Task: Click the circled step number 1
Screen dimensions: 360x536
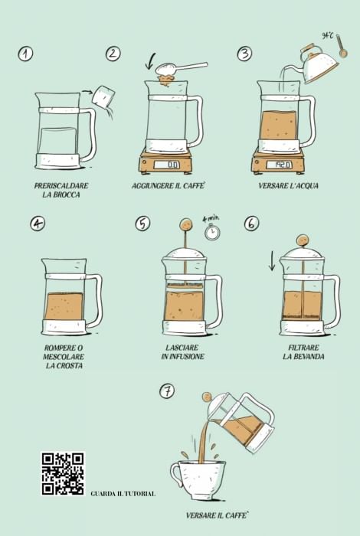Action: (25, 54)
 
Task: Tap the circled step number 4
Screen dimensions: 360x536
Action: (38, 224)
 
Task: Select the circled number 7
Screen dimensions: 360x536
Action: (167, 391)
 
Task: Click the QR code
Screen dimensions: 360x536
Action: (63, 474)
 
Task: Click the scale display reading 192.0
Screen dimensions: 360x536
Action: (279, 165)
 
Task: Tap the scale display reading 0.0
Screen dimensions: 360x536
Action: (167, 165)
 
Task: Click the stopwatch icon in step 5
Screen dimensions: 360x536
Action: (212, 232)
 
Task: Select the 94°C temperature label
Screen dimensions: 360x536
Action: (328, 35)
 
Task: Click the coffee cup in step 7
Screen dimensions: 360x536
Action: (198, 479)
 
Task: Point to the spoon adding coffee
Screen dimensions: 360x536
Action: (181, 68)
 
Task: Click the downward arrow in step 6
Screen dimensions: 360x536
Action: (272, 260)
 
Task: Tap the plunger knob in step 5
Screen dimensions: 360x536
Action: (186, 224)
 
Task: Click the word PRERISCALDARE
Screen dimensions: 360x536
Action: (61, 186)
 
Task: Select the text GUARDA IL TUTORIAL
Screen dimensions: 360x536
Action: (123, 494)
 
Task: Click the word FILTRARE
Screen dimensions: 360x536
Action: (303, 348)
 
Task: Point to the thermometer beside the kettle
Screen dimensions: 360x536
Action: (342, 45)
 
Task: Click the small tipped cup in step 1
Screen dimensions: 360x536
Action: (103, 96)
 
